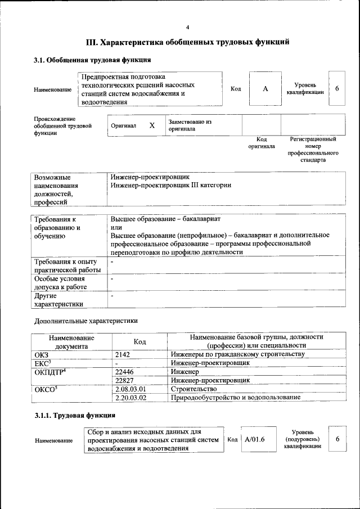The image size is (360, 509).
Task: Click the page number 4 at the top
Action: (x=187, y=27)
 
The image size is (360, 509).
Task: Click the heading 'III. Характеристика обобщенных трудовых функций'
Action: (x=187, y=42)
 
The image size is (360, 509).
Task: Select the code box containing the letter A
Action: (x=264, y=89)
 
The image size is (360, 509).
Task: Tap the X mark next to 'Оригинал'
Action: (x=151, y=125)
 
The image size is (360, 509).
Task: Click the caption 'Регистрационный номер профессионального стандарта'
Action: (x=313, y=149)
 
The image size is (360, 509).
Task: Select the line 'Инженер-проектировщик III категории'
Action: (x=170, y=184)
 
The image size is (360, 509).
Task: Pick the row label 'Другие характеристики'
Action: (x=59, y=299)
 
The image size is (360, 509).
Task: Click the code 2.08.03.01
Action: (x=130, y=389)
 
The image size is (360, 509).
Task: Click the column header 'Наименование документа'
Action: (x=71, y=341)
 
